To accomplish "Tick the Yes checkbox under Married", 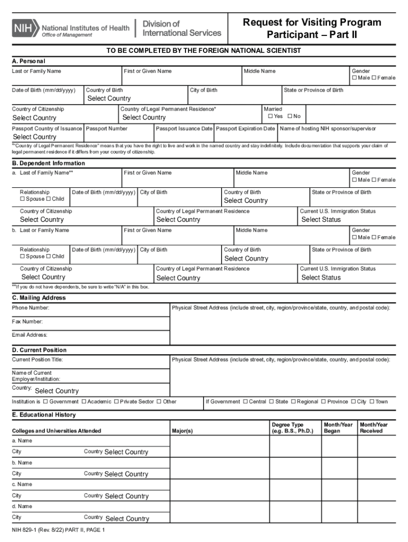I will click(x=270, y=116).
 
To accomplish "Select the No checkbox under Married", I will click(x=290, y=116).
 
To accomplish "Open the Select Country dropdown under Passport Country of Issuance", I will click(x=34, y=137).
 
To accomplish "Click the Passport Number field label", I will click(x=107, y=129).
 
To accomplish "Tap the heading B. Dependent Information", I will click(x=48, y=163).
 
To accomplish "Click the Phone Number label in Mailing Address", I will click(x=31, y=308).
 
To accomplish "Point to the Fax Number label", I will click(x=28, y=321).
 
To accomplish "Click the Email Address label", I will click(x=30, y=335).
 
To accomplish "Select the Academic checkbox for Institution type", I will click(x=84, y=402).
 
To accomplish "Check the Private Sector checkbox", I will click(x=117, y=402).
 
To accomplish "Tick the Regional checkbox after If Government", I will click(x=293, y=402).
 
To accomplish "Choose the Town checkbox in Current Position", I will click(x=372, y=402).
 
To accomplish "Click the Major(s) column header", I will click(x=182, y=431).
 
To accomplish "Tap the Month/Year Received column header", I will click(x=374, y=428).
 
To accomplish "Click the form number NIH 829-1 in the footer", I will click(x=32, y=530).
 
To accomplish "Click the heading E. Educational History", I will click(x=44, y=415).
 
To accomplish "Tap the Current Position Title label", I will click(x=38, y=360).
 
